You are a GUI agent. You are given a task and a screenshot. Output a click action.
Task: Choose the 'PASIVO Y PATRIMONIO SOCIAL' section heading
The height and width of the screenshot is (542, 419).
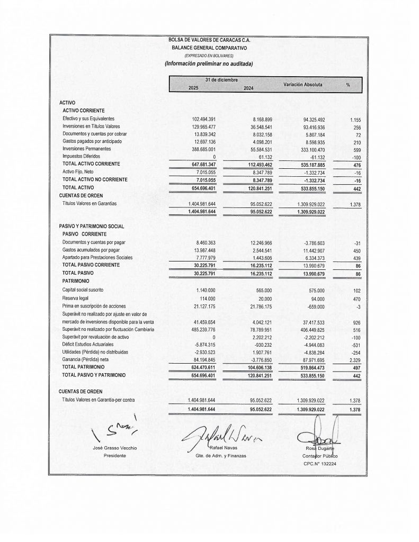coord(91,226)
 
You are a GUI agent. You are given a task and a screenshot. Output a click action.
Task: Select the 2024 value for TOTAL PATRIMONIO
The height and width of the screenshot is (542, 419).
coord(257,367)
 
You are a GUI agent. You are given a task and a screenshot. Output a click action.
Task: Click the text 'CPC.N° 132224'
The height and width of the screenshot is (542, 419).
coord(314,463)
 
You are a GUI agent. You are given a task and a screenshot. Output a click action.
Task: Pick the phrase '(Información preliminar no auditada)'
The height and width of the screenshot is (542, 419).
coord(208,64)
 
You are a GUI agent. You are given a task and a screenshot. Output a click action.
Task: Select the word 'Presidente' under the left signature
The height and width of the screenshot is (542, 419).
coord(115,455)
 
